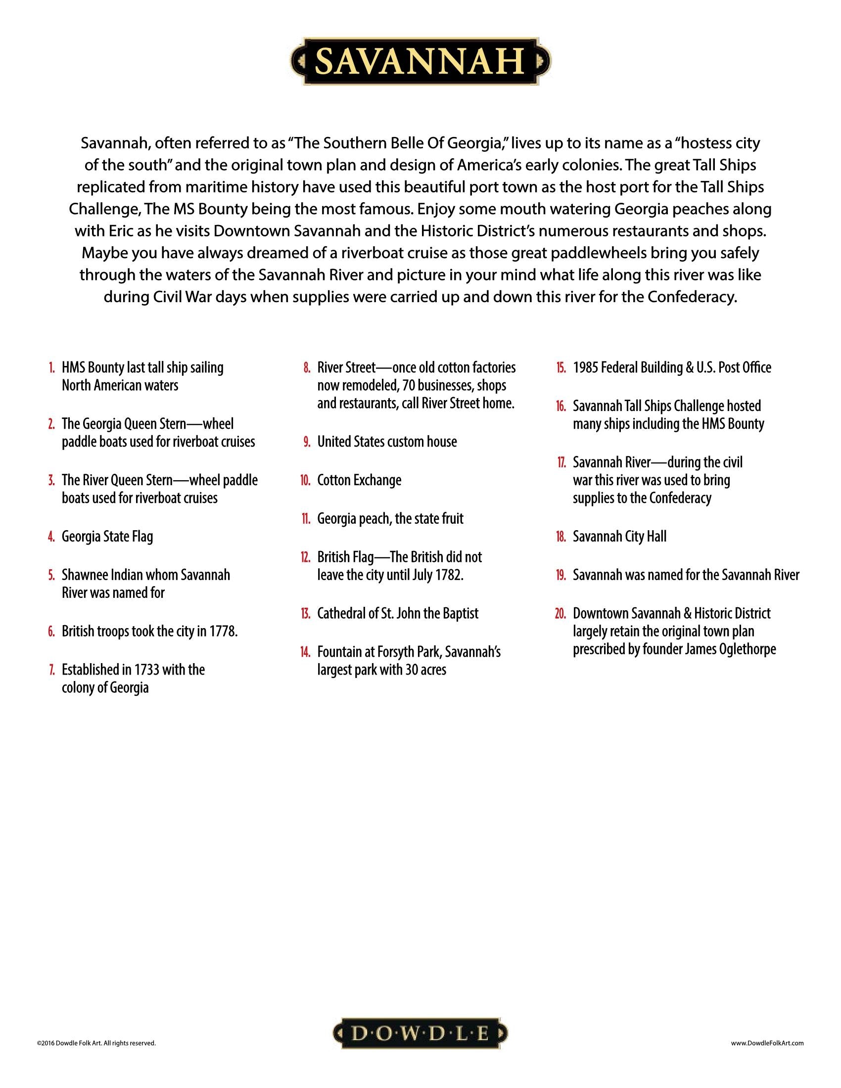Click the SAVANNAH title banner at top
(420, 62)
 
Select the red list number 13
(305, 613)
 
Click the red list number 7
(52, 670)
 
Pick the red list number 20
(561, 613)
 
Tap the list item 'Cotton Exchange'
(359, 480)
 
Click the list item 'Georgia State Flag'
(107, 537)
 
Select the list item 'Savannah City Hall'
(619, 537)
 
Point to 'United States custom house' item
(387, 442)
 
